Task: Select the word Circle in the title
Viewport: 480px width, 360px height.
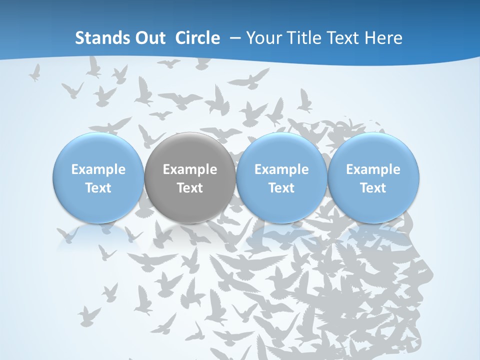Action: (x=197, y=38)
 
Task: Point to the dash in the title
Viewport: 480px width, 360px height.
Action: (x=234, y=38)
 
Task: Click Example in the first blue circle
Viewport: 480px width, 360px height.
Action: (x=98, y=169)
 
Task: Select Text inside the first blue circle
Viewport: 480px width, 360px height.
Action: (x=98, y=188)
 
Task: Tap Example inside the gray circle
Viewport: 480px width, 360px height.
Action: (x=190, y=169)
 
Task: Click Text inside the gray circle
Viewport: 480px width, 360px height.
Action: (x=190, y=188)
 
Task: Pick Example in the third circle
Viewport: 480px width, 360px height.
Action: (x=281, y=169)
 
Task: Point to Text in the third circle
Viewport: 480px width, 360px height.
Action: (x=281, y=188)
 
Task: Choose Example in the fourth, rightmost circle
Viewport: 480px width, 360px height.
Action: (x=373, y=169)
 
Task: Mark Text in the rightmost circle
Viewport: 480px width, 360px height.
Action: (x=373, y=188)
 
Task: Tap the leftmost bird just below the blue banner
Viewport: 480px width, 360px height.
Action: (x=34, y=73)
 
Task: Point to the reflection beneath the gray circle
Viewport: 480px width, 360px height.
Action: (x=190, y=235)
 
